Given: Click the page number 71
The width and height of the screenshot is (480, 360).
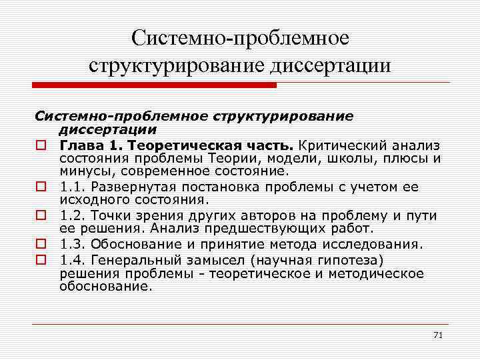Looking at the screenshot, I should (437, 334).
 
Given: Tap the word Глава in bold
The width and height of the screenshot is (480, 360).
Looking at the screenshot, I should (78, 145).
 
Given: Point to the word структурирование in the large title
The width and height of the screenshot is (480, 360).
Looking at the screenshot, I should (175, 66).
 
